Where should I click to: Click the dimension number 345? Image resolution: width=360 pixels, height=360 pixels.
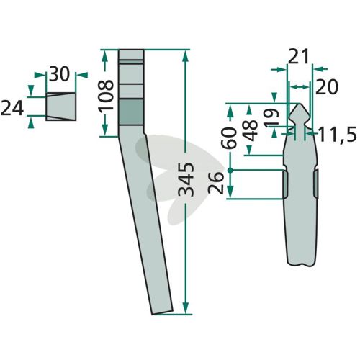tap(187, 179)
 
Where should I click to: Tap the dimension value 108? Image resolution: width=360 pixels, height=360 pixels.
tap(105, 95)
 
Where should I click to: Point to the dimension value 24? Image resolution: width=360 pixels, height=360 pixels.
tap(12, 109)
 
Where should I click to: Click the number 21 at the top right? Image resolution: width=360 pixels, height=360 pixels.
tap(298, 57)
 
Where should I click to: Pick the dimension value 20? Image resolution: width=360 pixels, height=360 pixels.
tap(327, 87)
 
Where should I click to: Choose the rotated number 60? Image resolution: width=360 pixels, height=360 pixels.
tap(230, 138)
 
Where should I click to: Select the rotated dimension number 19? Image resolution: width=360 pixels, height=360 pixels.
tap(271, 117)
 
